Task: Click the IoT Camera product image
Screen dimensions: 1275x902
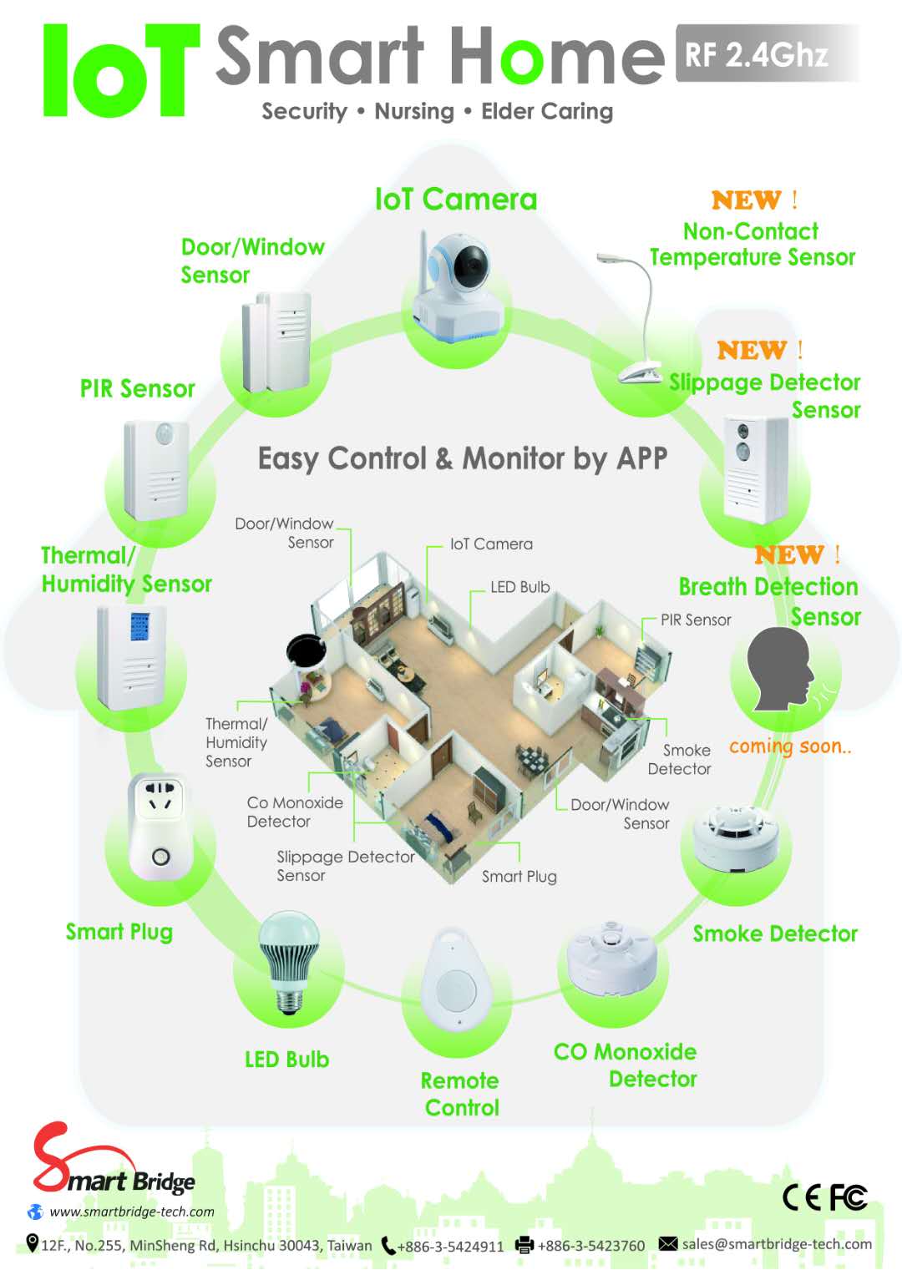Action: [459, 285]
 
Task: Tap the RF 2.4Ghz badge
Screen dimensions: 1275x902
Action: [757, 55]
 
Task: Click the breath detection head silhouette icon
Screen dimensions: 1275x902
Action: [779, 668]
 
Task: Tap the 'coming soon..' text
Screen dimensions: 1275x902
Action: [790, 746]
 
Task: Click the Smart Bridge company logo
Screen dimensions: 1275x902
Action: [113, 1161]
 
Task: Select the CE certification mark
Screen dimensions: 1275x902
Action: [802, 1197]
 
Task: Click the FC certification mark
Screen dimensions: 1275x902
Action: [849, 1197]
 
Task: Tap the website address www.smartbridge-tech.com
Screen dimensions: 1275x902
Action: [132, 1212]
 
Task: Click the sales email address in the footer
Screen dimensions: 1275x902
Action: [777, 1244]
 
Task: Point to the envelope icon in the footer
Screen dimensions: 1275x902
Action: [668, 1244]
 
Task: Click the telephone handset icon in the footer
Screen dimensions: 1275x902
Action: [388, 1246]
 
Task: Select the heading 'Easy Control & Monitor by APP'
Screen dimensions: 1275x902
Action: [463, 458]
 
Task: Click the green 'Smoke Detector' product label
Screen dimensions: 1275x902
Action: [775, 933]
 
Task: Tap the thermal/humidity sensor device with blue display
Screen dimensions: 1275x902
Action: [132, 656]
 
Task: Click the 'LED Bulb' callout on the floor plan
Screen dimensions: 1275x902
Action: [519, 587]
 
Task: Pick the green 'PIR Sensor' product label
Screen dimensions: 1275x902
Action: [138, 389]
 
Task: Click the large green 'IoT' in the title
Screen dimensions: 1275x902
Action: [121, 71]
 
